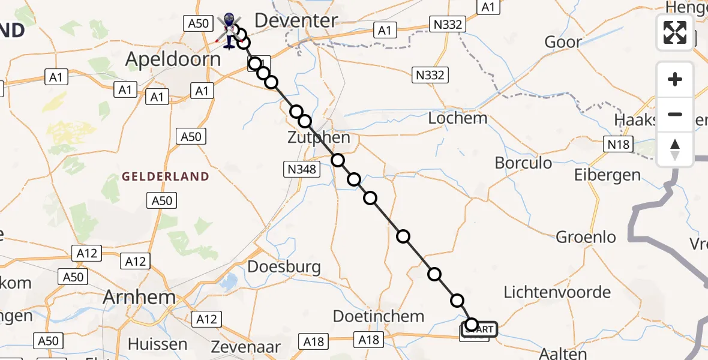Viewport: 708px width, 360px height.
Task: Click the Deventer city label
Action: pyautogui.click(x=296, y=20)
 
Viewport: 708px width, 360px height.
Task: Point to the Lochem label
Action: pyautogui.click(x=457, y=118)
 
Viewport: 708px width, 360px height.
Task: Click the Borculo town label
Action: pyautogui.click(x=523, y=163)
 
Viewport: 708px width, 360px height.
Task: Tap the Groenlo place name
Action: pyautogui.click(x=586, y=237)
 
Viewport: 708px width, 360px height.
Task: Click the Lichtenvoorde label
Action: pyautogui.click(x=557, y=292)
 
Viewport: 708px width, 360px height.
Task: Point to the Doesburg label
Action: pyautogui.click(x=284, y=267)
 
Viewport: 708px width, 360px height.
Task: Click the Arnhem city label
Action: pyautogui.click(x=139, y=297)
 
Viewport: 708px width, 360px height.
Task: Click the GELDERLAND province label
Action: pyautogui.click(x=166, y=176)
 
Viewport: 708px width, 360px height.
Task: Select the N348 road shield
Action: pyautogui.click(x=301, y=170)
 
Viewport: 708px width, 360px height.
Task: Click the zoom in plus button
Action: pyautogui.click(x=675, y=79)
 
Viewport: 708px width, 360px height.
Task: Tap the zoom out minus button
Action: pyautogui.click(x=675, y=114)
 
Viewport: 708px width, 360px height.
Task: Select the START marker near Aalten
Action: pyautogui.click(x=479, y=329)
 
